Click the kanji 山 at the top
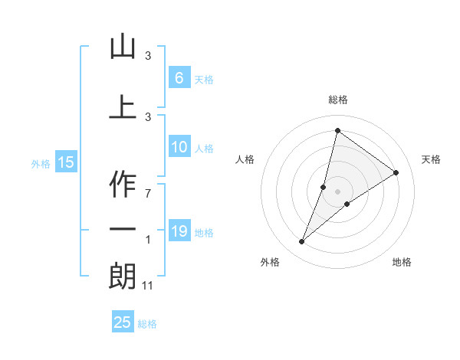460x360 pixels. [123, 47]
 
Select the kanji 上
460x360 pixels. [123, 106]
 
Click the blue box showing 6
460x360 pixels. [179, 78]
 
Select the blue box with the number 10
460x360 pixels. [179, 148]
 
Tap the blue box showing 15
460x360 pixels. [66, 162]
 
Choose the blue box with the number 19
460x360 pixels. [179, 231]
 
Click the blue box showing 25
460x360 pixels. [123, 322]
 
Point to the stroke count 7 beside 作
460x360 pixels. [147, 193]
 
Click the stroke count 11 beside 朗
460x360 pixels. [149, 286]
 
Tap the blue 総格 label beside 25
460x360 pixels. [147, 323]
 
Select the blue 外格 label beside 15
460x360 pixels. [41, 163]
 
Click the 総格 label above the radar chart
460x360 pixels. [337, 100]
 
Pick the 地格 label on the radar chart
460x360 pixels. [402, 262]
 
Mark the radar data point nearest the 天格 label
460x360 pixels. [396, 172]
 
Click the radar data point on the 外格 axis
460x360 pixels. [301, 242]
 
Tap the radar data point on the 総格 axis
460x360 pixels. [337, 130]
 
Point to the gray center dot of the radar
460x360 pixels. [337, 191]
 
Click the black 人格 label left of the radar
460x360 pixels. [245, 159]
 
